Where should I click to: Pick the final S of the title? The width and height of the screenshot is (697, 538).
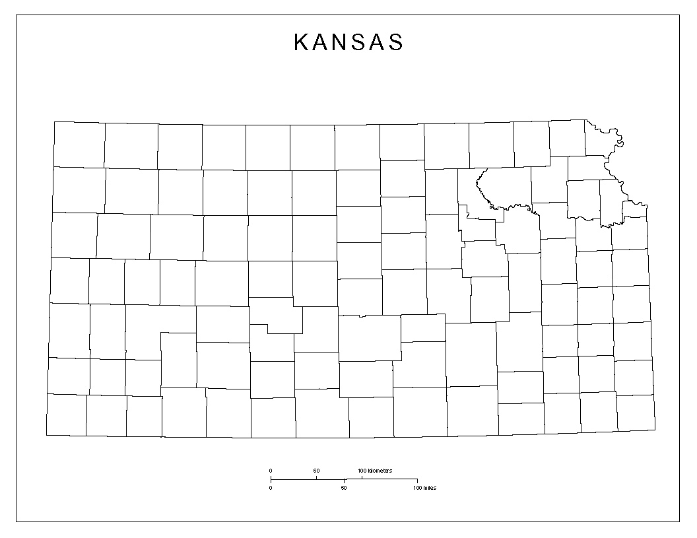(x=396, y=43)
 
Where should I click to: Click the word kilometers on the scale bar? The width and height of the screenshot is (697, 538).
(x=380, y=471)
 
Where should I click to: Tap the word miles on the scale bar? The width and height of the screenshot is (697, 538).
(x=430, y=488)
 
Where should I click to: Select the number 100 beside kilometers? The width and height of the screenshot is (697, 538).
(x=362, y=471)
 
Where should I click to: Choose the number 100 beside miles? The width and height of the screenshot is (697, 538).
(x=417, y=488)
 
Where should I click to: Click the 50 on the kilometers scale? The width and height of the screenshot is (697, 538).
(x=316, y=471)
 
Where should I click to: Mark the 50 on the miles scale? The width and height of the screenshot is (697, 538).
(x=344, y=488)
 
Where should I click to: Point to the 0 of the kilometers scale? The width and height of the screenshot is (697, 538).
(x=271, y=471)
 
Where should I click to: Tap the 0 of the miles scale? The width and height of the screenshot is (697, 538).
(x=271, y=488)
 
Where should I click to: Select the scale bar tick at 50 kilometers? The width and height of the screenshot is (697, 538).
(x=316, y=477)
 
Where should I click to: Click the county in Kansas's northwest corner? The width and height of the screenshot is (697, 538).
(x=79, y=145)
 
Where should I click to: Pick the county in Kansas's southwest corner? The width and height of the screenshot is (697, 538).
(x=66, y=415)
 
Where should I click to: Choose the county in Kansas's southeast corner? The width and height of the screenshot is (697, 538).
(x=636, y=413)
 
